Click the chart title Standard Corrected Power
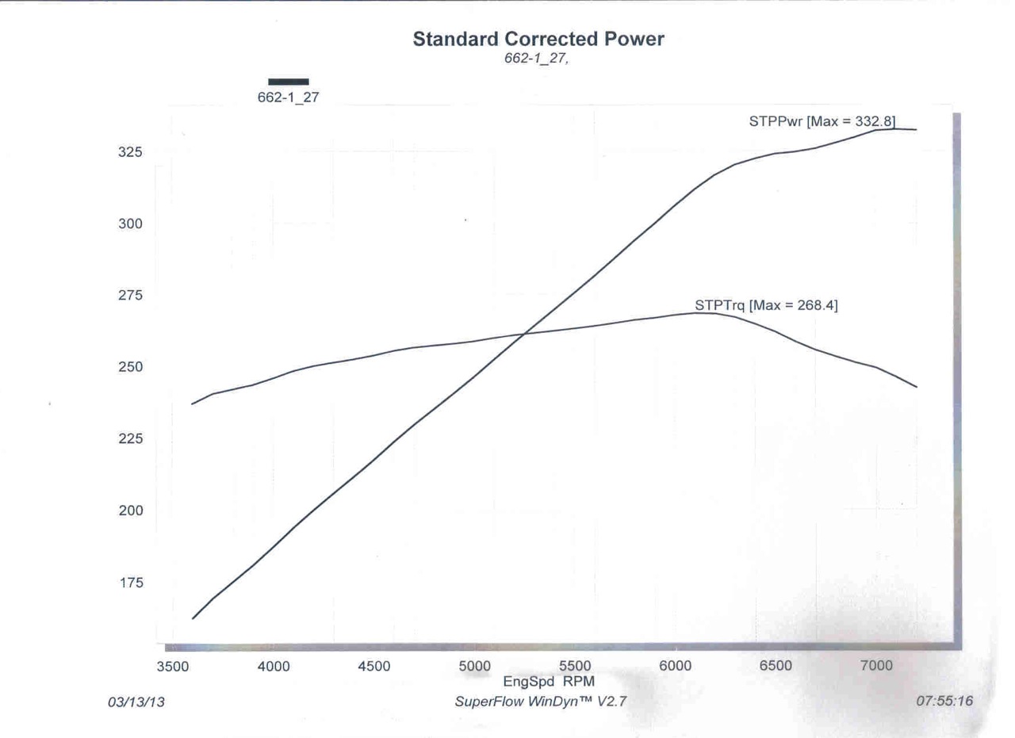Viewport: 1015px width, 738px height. [x=538, y=39]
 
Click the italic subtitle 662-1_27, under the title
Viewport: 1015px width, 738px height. [x=536, y=59]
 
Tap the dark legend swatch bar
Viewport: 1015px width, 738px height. [x=289, y=81]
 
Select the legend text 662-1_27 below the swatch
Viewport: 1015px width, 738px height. [x=288, y=98]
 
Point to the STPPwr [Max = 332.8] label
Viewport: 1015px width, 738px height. [x=822, y=121]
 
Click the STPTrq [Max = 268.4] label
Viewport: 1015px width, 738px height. [x=765, y=305]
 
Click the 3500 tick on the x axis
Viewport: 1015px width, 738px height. [x=173, y=667]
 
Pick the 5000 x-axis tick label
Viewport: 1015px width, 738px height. [x=474, y=667]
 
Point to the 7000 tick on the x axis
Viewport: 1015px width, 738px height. [x=876, y=667]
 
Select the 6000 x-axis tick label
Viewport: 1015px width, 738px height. [x=676, y=667]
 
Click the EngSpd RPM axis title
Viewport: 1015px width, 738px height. [x=549, y=681]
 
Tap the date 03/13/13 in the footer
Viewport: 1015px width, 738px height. [x=136, y=702]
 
